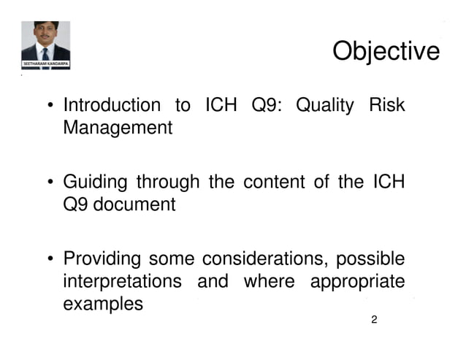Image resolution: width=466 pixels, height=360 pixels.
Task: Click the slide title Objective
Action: [x=386, y=52]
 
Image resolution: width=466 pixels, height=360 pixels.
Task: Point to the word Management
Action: [x=118, y=129]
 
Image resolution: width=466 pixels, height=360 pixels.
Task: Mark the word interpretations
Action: [x=123, y=281]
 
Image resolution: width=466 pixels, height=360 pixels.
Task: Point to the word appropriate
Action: [x=357, y=281]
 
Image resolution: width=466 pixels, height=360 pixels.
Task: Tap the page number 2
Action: [x=374, y=320]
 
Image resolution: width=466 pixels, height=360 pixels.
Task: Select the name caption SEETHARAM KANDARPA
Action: [x=45, y=64]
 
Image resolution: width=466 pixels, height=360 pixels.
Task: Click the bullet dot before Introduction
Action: [x=50, y=107]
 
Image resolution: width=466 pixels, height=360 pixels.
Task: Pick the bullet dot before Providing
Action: [x=50, y=259]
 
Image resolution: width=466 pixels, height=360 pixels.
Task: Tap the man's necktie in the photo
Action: [x=45, y=53]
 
